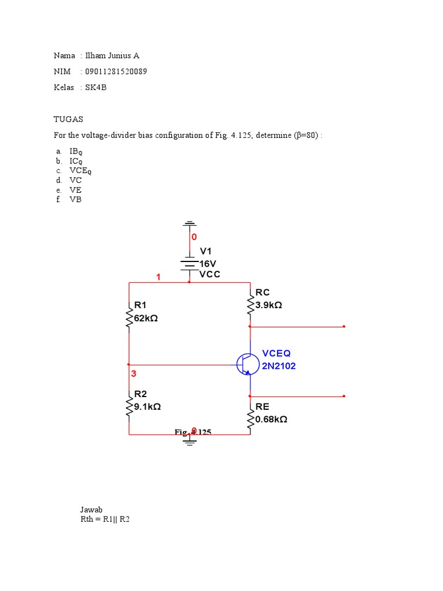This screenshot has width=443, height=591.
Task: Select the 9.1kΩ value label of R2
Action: click(x=147, y=406)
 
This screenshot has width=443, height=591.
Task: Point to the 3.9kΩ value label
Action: click(x=268, y=305)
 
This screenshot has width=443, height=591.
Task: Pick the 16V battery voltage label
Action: click(x=208, y=263)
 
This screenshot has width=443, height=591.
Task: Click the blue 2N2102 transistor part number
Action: click(x=279, y=366)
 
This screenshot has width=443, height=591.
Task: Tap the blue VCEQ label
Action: click(x=276, y=353)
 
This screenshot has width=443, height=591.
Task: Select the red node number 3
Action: click(x=133, y=374)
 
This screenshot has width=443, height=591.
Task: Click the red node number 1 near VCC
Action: click(x=158, y=278)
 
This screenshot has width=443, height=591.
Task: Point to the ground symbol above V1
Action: click(x=190, y=223)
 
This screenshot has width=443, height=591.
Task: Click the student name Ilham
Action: click(x=96, y=56)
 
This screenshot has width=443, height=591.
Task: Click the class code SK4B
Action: click(x=96, y=88)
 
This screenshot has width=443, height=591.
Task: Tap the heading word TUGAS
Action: click(x=68, y=119)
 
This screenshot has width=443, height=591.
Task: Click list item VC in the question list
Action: click(x=76, y=180)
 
